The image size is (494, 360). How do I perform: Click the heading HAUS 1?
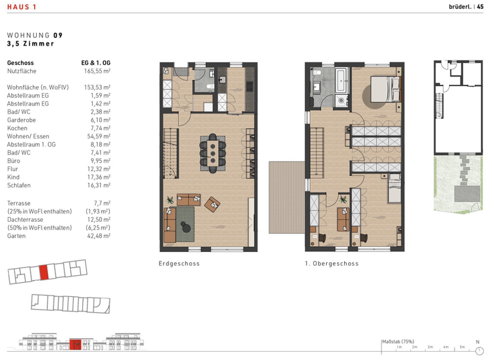[x=21, y=8]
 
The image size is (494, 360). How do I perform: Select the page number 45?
[x=480, y=8]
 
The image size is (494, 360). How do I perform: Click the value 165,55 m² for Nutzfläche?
[x=97, y=71]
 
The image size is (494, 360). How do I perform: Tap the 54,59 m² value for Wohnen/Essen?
[x=97, y=136]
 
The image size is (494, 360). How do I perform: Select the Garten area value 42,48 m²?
[x=97, y=237]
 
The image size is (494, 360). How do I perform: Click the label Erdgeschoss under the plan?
[x=179, y=264]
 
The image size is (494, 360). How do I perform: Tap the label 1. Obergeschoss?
[x=332, y=264]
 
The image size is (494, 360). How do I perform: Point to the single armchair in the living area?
[x=212, y=204]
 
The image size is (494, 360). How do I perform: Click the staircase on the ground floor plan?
[x=170, y=152]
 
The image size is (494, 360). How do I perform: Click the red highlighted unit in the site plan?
[x=44, y=273]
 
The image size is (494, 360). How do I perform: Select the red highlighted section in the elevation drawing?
[x=75, y=345]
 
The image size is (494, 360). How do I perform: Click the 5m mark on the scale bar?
[x=461, y=347]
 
